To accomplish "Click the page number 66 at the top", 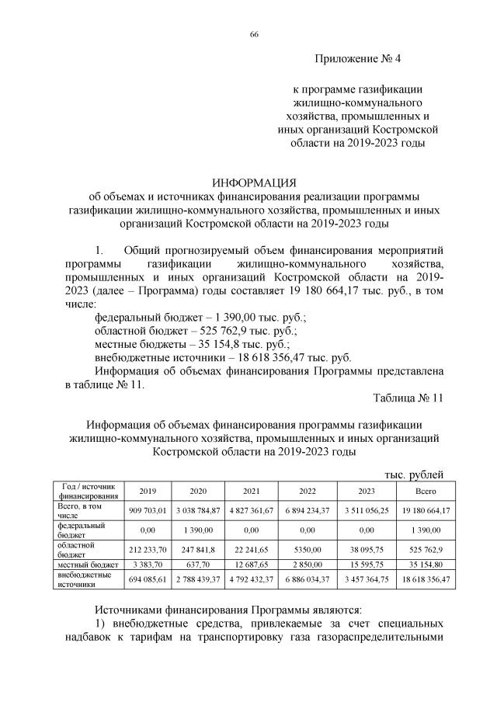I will (x=253, y=35).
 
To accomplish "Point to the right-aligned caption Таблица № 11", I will (x=408, y=398).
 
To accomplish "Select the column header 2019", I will (x=147, y=491).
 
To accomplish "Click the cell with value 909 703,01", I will (x=147, y=509).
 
